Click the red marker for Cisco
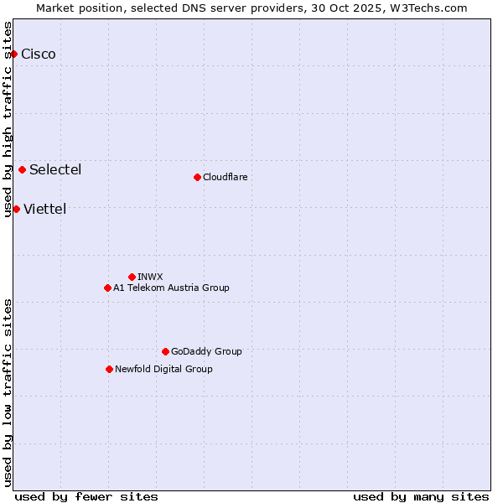13,54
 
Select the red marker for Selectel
22,170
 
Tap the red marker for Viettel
16,209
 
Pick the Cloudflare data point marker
197,177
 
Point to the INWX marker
132,277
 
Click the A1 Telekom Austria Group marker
107,288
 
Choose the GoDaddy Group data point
165,351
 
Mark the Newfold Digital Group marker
109,369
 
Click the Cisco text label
39,54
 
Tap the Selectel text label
55,170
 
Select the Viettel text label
45,210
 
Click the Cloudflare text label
226,177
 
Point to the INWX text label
150,277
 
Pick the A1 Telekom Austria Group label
171,288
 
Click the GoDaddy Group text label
206,351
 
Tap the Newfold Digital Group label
163,369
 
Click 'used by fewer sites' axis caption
86,496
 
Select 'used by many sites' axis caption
421,496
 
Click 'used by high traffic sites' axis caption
8,119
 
